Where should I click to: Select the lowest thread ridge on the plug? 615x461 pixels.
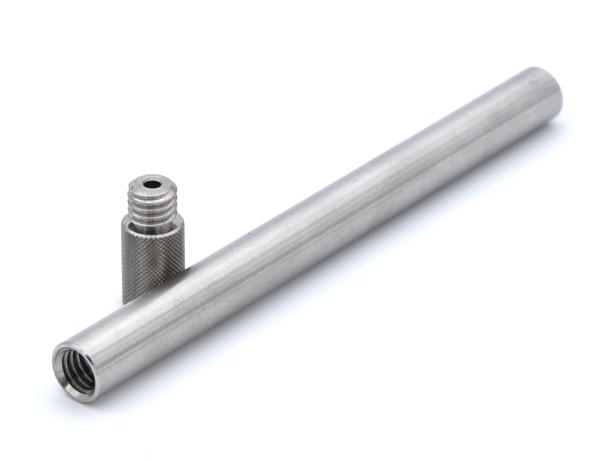(152, 220)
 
